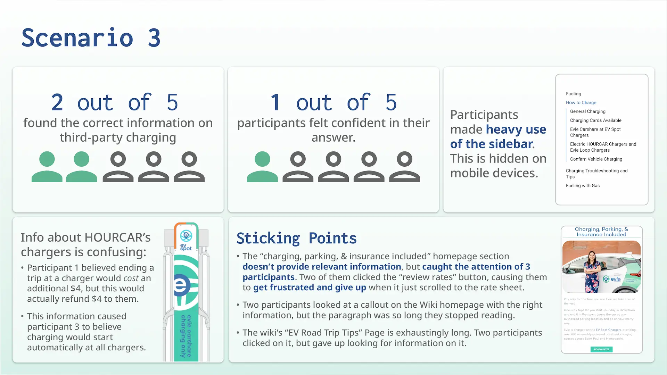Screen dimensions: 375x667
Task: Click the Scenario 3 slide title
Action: coord(91,38)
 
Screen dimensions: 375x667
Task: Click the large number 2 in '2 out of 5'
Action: coord(57,102)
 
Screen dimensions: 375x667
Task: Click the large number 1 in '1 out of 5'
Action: coord(275,102)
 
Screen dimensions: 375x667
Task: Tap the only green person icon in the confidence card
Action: coord(262,167)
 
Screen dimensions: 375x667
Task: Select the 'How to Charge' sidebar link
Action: coord(581,102)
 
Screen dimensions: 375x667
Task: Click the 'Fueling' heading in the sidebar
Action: coord(573,94)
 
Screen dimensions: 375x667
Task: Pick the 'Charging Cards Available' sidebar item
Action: coord(595,120)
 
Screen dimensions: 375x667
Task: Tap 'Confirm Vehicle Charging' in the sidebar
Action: coord(596,159)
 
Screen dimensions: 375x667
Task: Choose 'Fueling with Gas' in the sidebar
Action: coord(583,186)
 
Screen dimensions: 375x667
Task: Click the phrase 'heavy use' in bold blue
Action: coord(516,130)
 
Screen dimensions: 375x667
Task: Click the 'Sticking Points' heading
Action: coord(296,239)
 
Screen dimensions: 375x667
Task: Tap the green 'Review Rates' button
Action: coord(601,349)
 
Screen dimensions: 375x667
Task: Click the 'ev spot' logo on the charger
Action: coord(186,240)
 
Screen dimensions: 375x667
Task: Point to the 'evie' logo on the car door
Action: coord(612,279)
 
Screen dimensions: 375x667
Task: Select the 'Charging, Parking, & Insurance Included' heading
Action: coord(601,232)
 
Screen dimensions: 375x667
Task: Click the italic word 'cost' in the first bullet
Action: coord(131,278)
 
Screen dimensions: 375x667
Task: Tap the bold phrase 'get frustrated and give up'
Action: coord(309,287)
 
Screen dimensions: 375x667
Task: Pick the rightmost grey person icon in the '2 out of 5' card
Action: coord(189,167)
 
